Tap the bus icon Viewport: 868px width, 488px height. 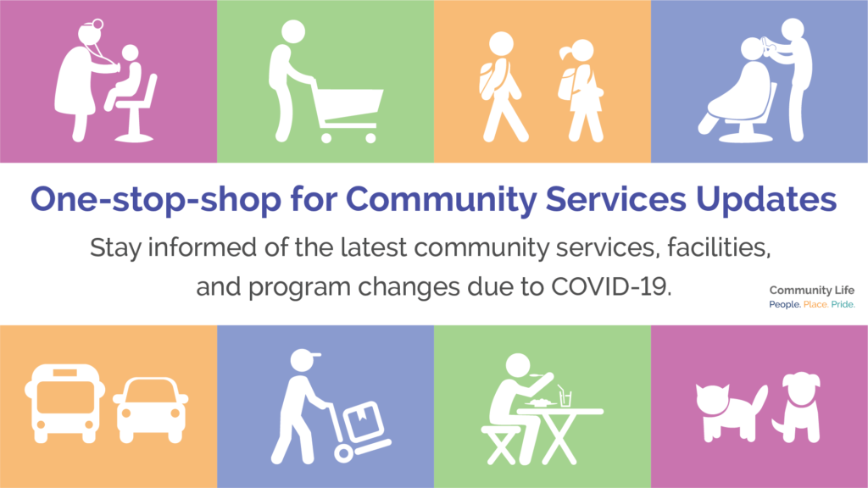(64, 402)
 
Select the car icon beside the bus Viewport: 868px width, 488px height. (151, 410)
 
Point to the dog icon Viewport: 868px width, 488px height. (797, 408)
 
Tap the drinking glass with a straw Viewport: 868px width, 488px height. (565, 396)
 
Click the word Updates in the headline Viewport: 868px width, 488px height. (766, 199)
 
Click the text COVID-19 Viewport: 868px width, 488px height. (611, 286)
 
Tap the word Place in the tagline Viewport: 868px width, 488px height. (815, 304)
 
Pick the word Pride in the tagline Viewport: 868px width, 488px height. (843, 304)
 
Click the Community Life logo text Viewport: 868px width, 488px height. (811, 290)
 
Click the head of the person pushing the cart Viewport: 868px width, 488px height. (292, 31)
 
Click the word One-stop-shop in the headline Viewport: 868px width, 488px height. (156, 199)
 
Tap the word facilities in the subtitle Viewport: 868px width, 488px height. (719, 247)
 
